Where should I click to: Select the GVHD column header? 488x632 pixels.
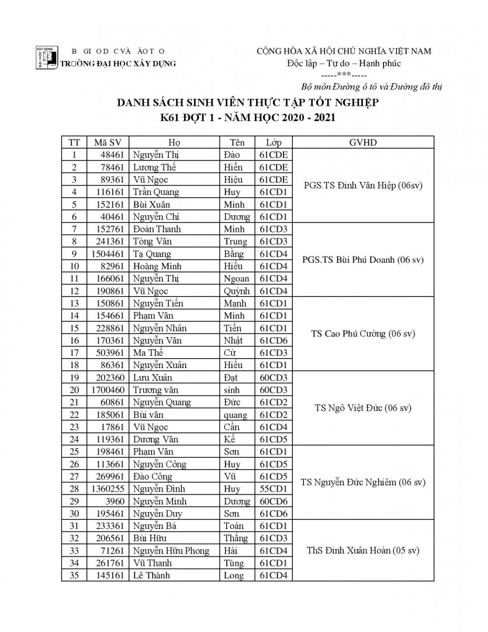362,142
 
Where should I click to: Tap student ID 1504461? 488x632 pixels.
105,254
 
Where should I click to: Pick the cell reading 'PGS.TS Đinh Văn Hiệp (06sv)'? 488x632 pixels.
363,186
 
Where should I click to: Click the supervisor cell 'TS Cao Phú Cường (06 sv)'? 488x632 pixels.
363,334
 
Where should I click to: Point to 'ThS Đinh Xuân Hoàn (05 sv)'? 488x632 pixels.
363,551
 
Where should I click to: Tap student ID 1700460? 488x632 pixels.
105,390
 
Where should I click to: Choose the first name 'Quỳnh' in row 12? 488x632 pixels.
236,291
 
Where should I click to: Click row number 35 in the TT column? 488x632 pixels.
74,575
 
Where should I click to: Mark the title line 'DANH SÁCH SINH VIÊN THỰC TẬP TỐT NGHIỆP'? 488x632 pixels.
248,104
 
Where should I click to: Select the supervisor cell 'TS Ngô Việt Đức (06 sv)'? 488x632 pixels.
363,408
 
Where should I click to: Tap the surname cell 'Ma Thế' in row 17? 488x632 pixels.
148,353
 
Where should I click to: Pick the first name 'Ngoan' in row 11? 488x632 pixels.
236,279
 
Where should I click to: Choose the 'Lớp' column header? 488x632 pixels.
274,142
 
